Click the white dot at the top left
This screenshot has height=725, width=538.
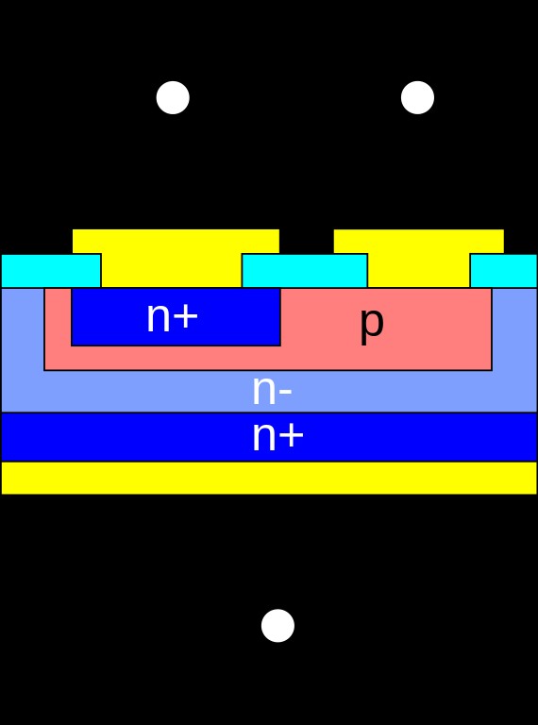click(173, 97)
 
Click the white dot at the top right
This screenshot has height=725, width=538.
click(417, 97)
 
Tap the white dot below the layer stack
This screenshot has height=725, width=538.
click(277, 625)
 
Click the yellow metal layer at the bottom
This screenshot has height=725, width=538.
click(269, 478)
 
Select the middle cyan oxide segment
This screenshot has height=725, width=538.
click(304, 270)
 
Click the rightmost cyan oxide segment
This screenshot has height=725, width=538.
click(503, 270)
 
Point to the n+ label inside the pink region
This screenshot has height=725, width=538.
click(172, 317)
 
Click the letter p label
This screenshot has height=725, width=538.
click(371, 323)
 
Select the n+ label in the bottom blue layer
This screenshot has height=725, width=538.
click(277, 437)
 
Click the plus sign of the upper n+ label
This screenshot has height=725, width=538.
click(186, 317)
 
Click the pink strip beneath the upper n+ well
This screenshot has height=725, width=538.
click(170, 358)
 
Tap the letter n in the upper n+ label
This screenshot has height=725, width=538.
click(158, 319)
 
